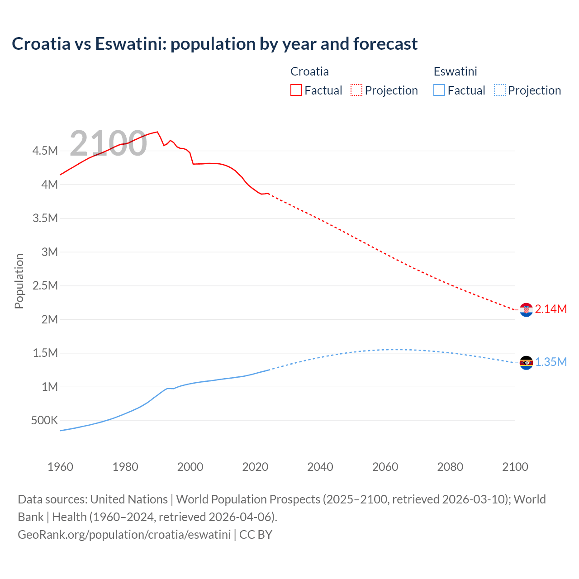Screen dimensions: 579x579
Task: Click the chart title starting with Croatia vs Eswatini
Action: click(214, 44)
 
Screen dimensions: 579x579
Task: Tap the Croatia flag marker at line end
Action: click(526, 310)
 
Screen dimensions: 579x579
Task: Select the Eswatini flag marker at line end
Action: click(526, 363)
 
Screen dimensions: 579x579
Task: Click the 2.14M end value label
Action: click(551, 309)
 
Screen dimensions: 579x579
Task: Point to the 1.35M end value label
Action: click(551, 362)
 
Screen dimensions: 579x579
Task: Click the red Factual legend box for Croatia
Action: click(296, 90)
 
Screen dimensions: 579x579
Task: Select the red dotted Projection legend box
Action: click(356, 90)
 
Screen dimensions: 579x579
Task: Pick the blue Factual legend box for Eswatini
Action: click(439, 90)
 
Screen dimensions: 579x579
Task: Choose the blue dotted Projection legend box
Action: click(499, 90)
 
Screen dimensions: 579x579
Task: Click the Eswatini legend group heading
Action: click(455, 71)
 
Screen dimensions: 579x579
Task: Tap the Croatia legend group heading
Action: click(309, 71)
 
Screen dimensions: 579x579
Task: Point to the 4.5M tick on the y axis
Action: click(45, 151)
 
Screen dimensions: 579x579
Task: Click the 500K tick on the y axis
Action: click(44, 421)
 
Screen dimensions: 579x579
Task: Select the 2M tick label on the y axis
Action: click(49, 319)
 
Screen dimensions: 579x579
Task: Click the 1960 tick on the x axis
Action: click(60, 467)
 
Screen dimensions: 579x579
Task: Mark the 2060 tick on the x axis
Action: click(385, 467)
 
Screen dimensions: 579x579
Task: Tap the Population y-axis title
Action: click(19, 281)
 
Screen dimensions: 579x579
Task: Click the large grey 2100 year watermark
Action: click(108, 144)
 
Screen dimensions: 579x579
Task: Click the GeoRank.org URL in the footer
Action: click(124, 535)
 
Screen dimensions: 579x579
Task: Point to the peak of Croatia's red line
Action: click(157, 132)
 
